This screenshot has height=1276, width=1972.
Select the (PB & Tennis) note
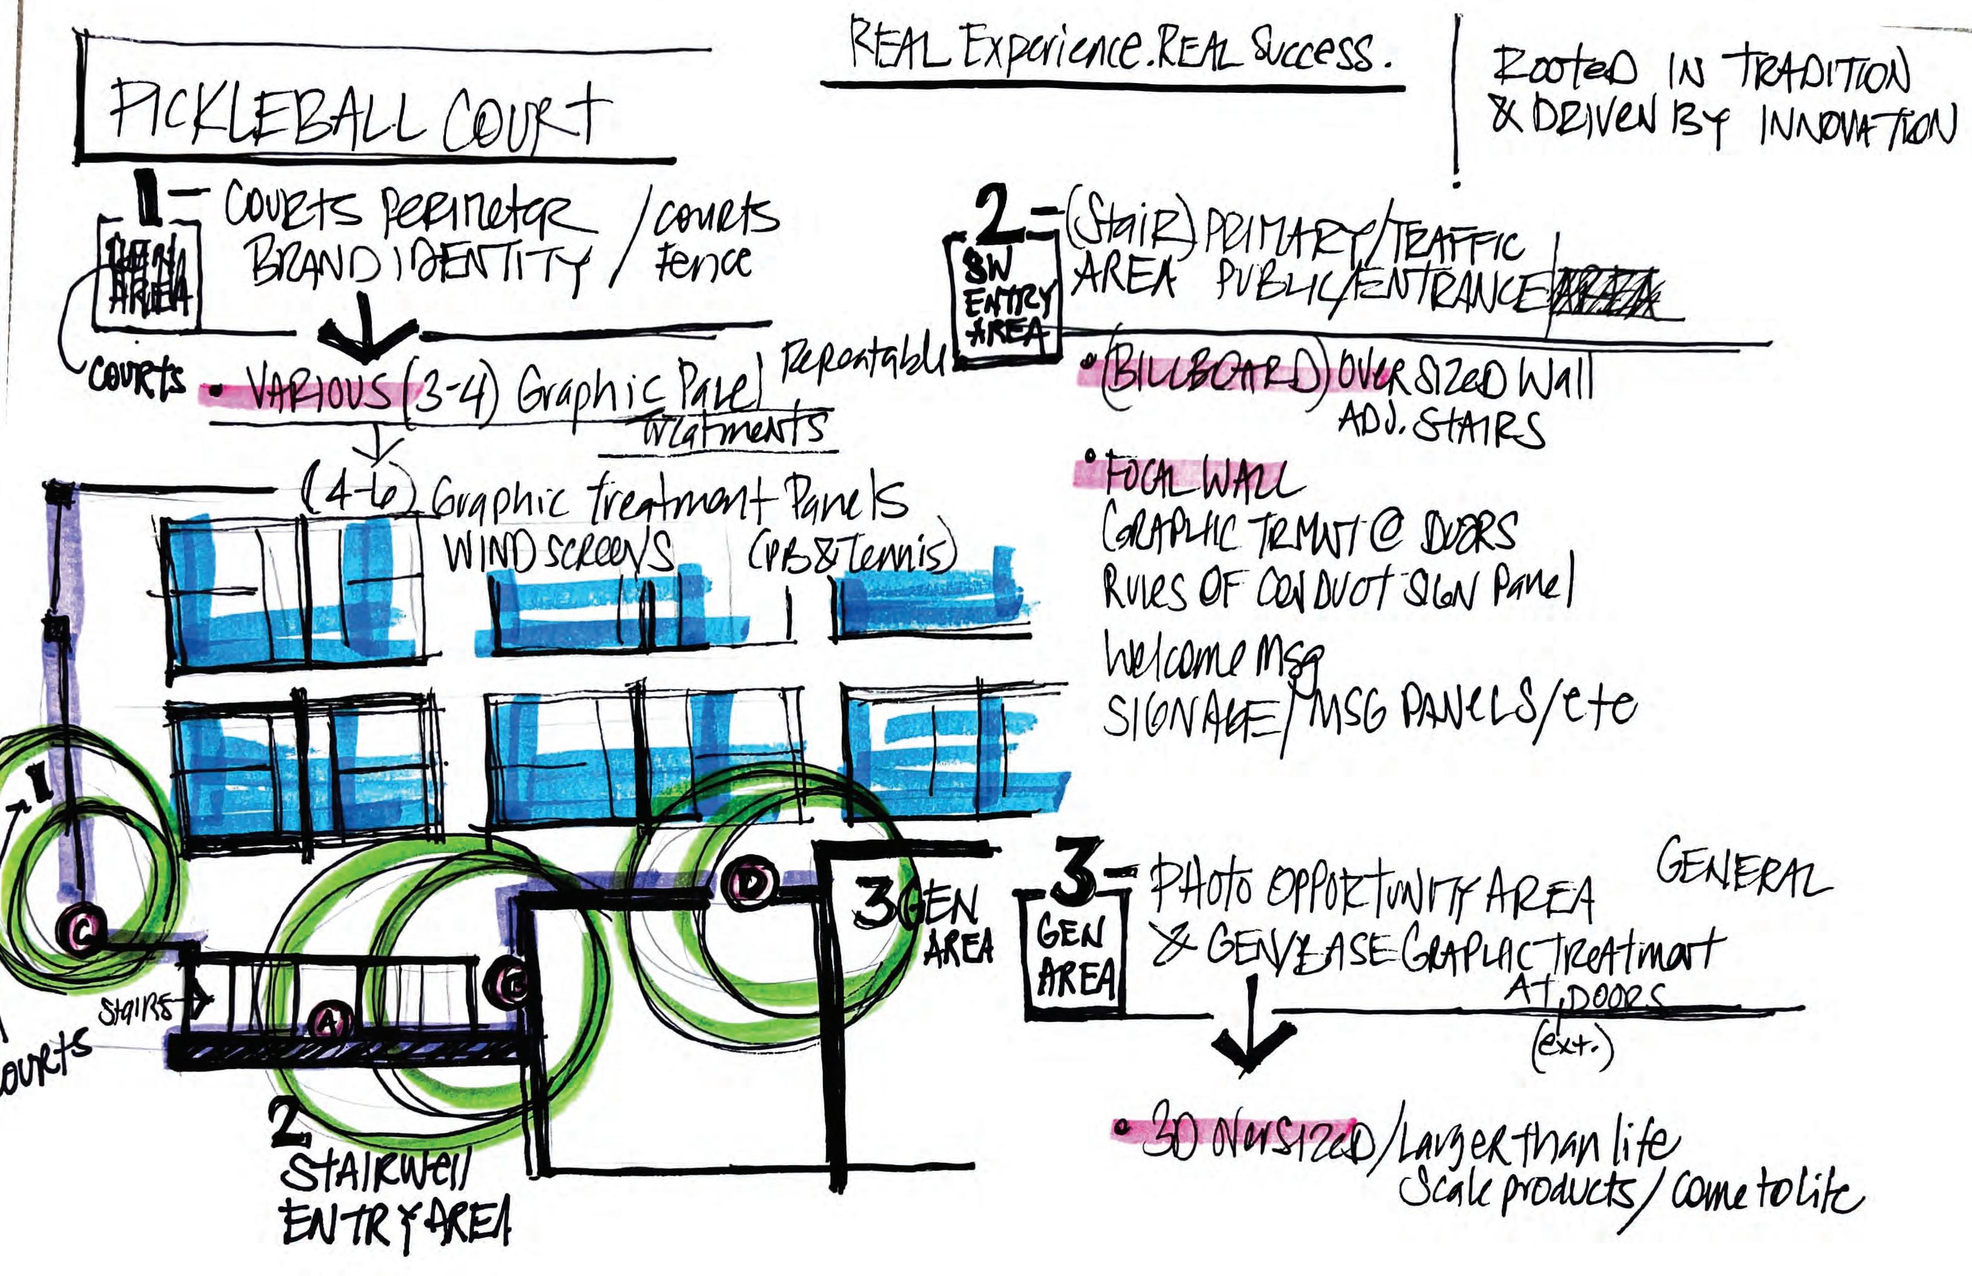tap(853, 551)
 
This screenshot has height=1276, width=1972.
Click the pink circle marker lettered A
tap(329, 1022)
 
